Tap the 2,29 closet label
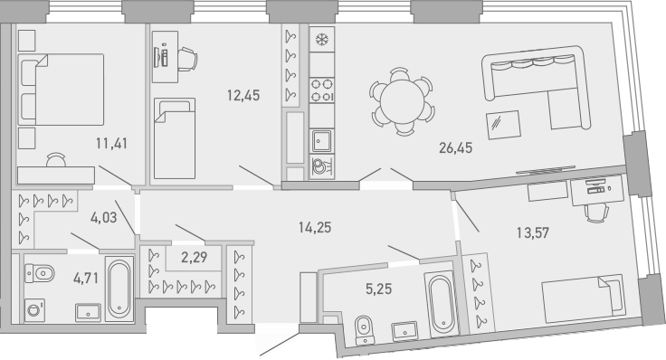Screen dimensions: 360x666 tap(194, 258)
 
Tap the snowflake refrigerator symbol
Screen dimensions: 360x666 tap(320, 41)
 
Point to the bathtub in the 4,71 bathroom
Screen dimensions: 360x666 tap(119, 289)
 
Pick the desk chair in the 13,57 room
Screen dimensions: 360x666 tap(595, 210)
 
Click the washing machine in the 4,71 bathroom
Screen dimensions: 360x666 tap(35, 309)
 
